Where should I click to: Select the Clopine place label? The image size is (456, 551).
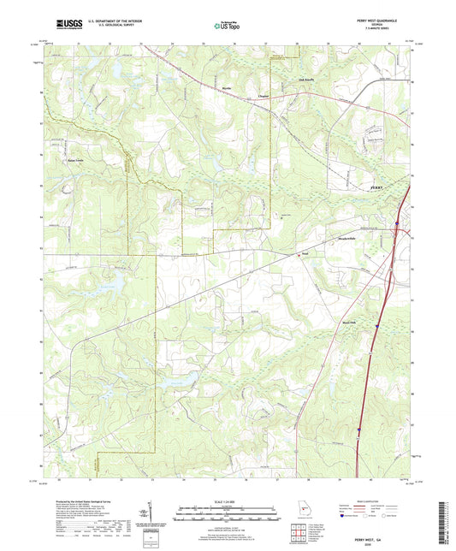[x=240, y=97]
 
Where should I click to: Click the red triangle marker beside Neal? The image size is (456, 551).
[x=299, y=253]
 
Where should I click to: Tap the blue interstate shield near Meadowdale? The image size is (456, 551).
[x=396, y=226]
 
